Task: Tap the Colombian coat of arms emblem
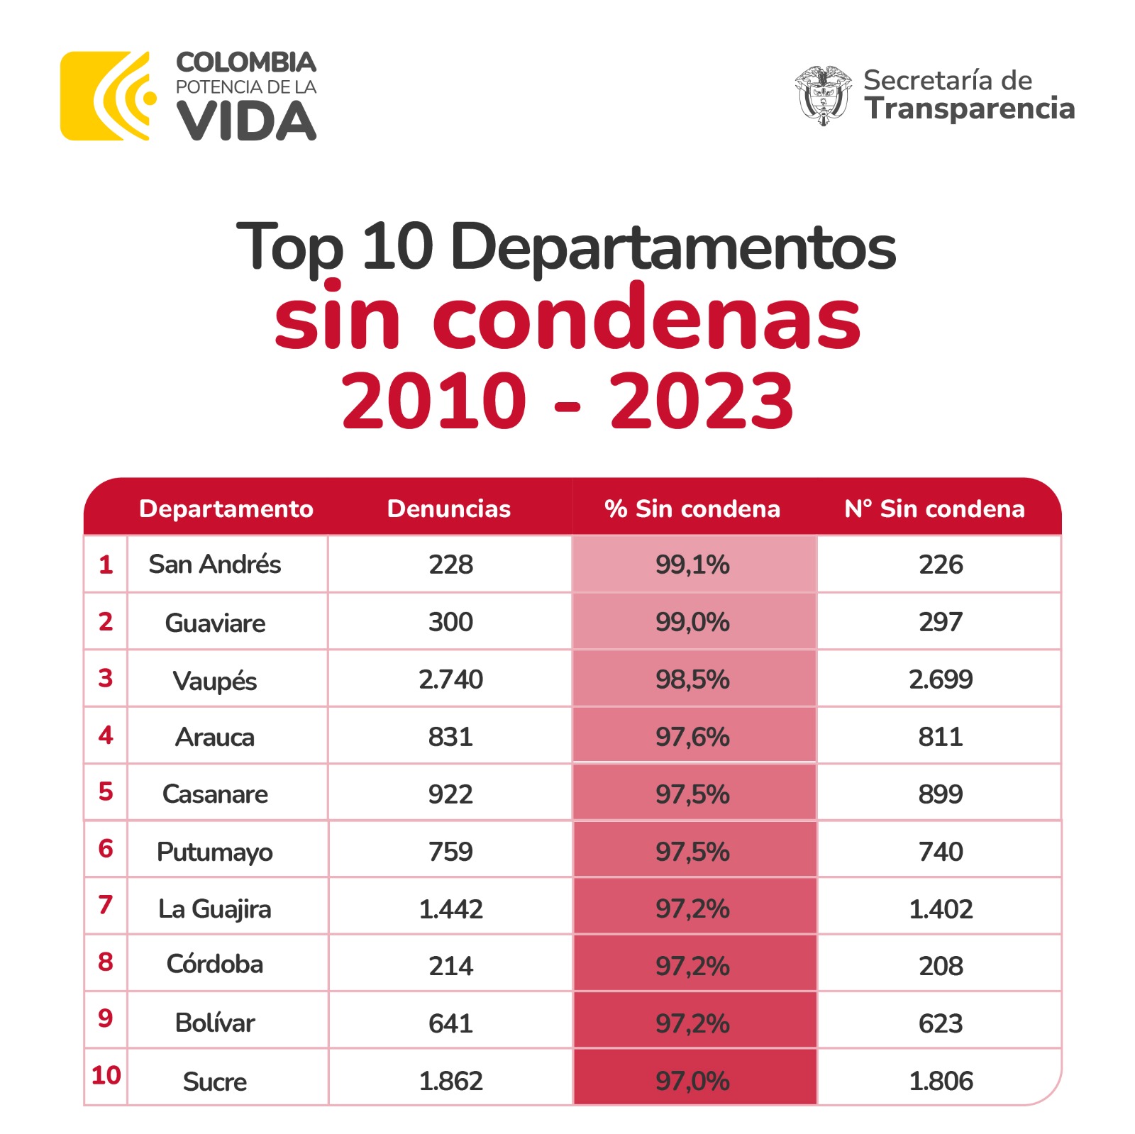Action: [x=822, y=96]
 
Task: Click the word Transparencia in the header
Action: [x=969, y=109]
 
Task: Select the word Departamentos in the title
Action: [x=672, y=247]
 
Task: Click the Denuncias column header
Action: [x=449, y=508]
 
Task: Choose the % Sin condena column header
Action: [x=692, y=508]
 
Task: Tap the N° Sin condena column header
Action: [x=934, y=508]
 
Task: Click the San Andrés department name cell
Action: [x=214, y=565]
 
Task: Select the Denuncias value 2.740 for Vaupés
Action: [x=450, y=679]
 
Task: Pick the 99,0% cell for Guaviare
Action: [x=692, y=622]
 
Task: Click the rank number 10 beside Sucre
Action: [x=106, y=1075]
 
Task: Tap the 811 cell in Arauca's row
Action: [x=940, y=737]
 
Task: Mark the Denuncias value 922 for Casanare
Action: [x=450, y=794]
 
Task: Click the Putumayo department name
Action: [x=214, y=852]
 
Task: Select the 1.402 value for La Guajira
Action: [x=940, y=909]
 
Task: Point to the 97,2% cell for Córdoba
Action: [x=692, y=966]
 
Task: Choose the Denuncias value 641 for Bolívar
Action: [x=450, y=1023]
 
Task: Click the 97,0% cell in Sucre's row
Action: [x=692, y=1081]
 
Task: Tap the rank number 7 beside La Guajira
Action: [x=106, y=905]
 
